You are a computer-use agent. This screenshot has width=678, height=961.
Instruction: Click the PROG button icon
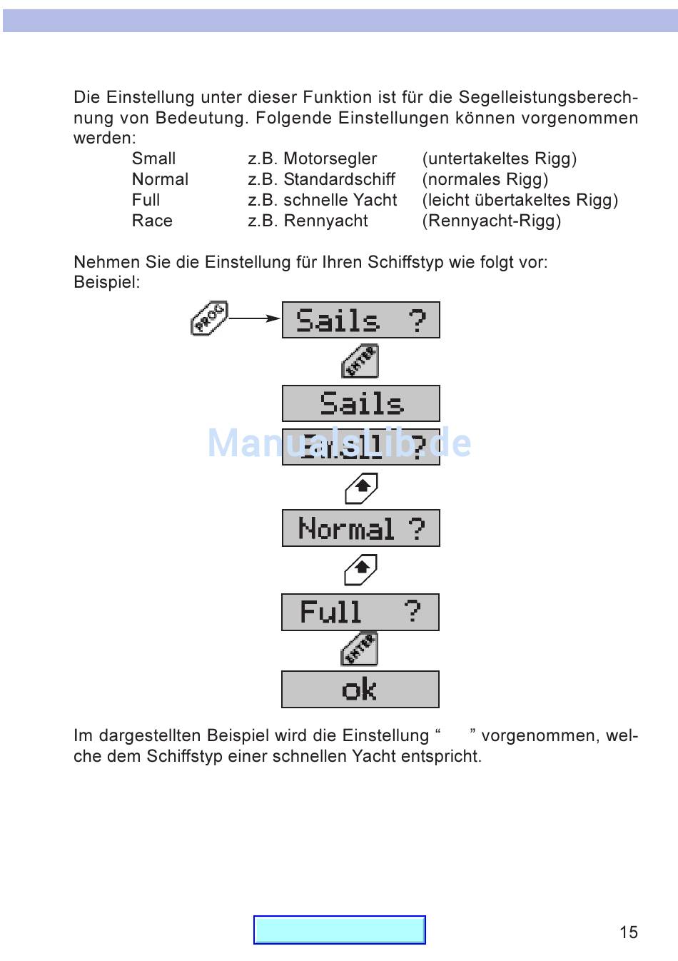coord(209,318)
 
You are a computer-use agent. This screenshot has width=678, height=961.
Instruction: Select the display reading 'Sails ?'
coord(360,320)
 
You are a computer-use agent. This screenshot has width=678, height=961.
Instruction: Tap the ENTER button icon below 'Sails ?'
coord(360,361)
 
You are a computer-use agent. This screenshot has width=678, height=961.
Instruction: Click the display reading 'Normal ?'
coord(360,528)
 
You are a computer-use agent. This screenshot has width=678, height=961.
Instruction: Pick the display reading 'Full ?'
coord(360,613)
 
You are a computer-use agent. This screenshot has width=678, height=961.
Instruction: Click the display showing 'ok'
coord(360,690)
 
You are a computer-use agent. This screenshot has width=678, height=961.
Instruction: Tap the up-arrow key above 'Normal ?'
coord(361,488)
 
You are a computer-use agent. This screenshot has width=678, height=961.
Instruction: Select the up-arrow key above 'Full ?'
coord(361,570)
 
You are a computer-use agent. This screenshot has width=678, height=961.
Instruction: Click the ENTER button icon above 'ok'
coord(360,650)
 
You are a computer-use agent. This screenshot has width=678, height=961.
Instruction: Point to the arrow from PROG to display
coord(254,318)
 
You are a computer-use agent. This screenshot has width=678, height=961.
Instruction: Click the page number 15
coord(629,932)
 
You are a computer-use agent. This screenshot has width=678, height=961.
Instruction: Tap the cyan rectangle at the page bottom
coord(340,930)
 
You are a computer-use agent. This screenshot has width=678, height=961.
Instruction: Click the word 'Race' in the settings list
coord(152,221)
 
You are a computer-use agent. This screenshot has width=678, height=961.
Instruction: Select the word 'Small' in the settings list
coord(153,159)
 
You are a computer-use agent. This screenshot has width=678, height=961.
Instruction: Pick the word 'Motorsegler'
coord(330,159)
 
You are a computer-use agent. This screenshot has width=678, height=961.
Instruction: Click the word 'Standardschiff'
coord(339,179)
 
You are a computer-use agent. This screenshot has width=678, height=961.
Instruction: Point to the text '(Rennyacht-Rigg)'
coord(492,221)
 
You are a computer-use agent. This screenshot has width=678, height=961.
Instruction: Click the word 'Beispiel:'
coord(107,282)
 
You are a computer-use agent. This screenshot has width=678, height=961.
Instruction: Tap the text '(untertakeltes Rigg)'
coord(500,159)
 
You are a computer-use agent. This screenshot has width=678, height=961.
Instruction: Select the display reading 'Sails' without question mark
coord(360,404)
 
